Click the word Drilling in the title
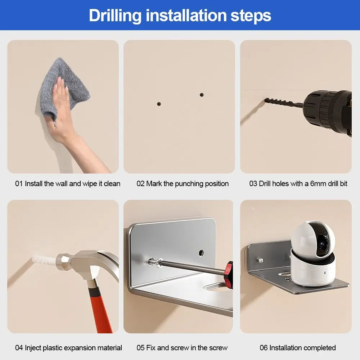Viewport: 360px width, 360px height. [115, 16]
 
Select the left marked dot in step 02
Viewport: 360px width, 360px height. [159, 104]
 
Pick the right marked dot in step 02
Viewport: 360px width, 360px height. [202, 95]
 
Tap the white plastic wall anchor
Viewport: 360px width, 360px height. [45, 260]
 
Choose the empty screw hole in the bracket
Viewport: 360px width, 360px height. [201, 253]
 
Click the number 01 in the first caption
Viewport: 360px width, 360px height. [19, 184]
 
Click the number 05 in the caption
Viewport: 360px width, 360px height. [140, 348]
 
